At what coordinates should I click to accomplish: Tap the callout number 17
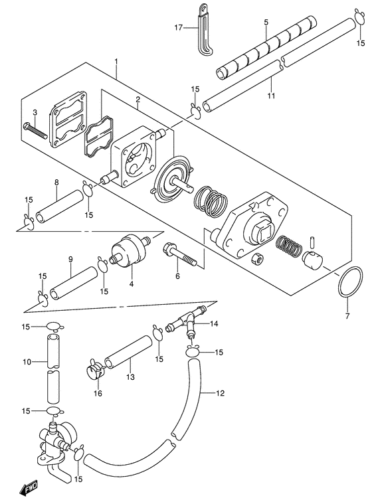[179, 28]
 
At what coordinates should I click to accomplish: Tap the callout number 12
[220, 393]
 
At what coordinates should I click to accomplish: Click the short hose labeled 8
[59, 206]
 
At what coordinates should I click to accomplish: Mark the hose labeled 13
[128, 352]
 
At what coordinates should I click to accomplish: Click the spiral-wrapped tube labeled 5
[266, 47]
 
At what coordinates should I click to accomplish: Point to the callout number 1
[116, 61]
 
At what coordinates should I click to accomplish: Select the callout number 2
[138, 100]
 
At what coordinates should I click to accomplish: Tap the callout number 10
[27, 362]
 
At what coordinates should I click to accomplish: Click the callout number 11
[271, 96]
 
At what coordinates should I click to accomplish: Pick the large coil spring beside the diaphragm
[211, 202]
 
